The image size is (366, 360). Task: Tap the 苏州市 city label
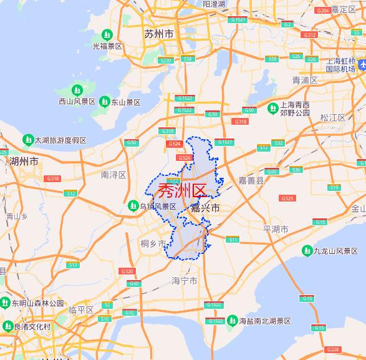coord(158,34)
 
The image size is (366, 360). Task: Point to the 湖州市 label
coord(24,161)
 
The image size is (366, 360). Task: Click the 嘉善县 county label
coord(251,180)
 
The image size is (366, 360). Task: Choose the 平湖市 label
coord(276,230)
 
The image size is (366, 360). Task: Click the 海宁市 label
coord(185,281)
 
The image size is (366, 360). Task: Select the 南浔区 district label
coord(113,175)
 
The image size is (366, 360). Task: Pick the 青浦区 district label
coord(305,80)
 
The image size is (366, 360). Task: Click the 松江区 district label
coord(332,117)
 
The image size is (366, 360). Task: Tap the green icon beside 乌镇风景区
coord(133,205)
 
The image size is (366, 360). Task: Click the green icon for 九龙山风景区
coord(307,251)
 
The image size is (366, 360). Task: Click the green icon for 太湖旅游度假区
coord(28,140)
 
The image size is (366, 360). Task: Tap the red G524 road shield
coord(175,144)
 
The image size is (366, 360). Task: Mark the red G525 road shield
coord(287,198)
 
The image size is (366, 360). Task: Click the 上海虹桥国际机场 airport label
coord(340,64)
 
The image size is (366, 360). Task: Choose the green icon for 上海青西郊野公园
coord(272,109)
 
